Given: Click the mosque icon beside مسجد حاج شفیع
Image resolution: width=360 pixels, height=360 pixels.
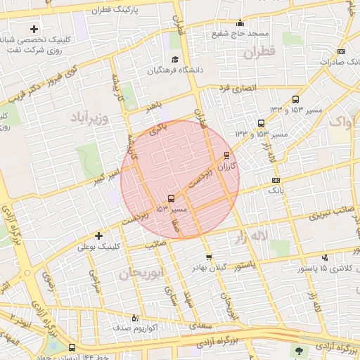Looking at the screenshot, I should click(x=240, y=22).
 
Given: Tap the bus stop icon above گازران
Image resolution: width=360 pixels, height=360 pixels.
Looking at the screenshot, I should click(x=226, y=155).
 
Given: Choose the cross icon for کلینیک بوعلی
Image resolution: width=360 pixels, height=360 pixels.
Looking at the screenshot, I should click(x=98, y=236).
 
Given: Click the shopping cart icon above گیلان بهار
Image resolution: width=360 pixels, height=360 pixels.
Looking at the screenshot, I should click(x=208, y=257).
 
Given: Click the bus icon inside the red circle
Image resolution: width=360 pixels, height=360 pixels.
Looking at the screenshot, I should click(x=172, y=198).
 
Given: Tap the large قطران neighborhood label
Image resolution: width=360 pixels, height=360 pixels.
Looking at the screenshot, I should click(x=257, y=52).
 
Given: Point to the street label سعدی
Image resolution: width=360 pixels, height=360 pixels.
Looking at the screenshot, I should click(x=206, y=326).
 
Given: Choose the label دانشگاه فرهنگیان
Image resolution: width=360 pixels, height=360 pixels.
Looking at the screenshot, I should click(x=152, y=71).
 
